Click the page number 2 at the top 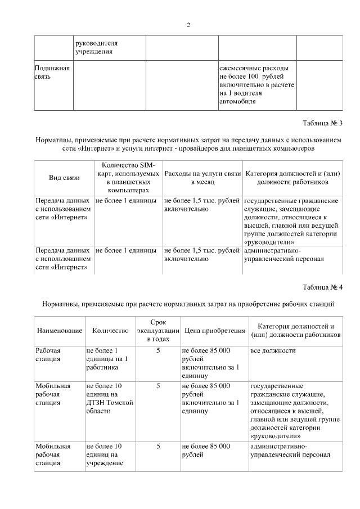click(x=188, y=25)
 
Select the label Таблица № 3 click(x=322, y=123)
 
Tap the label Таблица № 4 click(x=322, y=287)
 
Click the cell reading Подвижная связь click(x=52, y=72)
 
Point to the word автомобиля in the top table click(x=238, y=102)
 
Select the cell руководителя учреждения click(x=97, y=47)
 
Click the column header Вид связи click(x=64, y=178)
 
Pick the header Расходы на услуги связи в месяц click(x=202, y=178)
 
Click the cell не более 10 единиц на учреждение click(x=104, y=454)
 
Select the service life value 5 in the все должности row click(x=158, y=350)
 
